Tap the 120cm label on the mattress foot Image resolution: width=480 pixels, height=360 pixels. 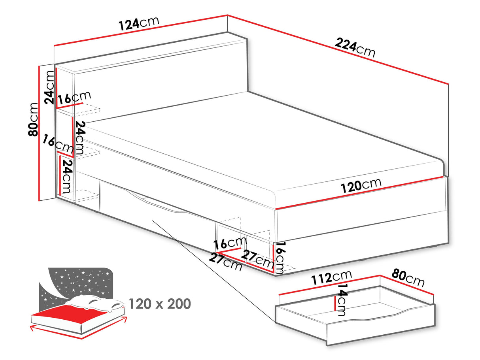pos(361,185)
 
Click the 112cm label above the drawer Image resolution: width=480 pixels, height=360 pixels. pos(331,278)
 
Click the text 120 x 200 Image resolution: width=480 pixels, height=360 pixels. pos(160,304)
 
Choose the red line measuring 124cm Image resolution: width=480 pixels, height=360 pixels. pos(140,31)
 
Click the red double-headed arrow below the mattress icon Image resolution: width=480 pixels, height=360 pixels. pos(79,334)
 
